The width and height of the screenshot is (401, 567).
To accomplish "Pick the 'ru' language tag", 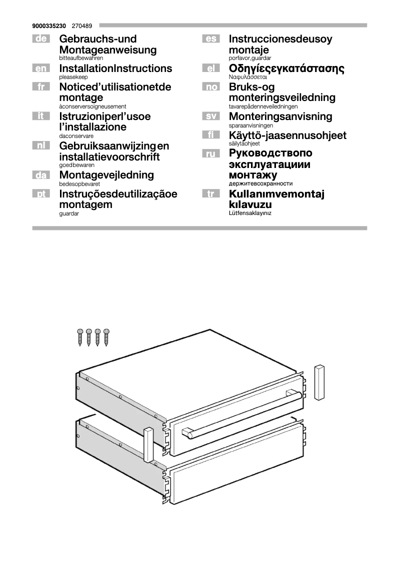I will tap(210, 154).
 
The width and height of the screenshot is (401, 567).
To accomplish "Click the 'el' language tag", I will tap(210, 68).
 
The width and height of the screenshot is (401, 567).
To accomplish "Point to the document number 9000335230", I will tap(49, 25).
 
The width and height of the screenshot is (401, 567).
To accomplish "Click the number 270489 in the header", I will tap(81, 25).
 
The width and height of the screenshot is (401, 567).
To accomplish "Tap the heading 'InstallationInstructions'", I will tap(115, 68).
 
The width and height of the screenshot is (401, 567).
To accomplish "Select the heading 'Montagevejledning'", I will tap(106, 175).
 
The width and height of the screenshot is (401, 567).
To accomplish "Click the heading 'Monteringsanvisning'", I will tap(280, 116).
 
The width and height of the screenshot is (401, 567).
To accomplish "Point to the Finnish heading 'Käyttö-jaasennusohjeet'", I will tap(287, 135).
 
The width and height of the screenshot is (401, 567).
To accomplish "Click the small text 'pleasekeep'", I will tap(73, 77).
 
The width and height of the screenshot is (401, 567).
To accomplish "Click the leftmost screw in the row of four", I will tap(80, 338).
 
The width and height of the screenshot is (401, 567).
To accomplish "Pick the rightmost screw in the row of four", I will tap(106, 338).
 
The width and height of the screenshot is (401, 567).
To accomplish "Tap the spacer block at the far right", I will tap(319, 382).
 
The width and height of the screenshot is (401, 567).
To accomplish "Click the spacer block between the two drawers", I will tap(148, 444).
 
